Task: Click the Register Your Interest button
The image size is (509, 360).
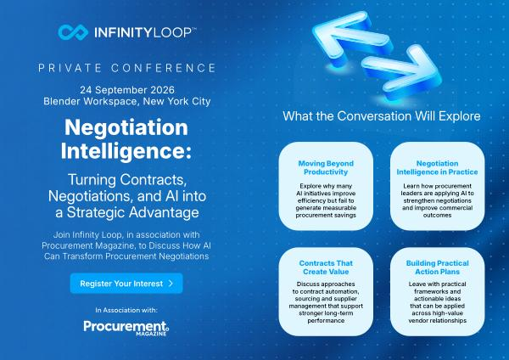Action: tap(126, 284)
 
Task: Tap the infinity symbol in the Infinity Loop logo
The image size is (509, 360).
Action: tap(73, 32)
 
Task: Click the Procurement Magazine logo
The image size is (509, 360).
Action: tap(126, 328)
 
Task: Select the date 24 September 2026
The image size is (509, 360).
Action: tap(127, 90)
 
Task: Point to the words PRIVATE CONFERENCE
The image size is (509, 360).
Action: tap(127, 68)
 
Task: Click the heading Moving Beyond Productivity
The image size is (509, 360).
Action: tap(326, 167)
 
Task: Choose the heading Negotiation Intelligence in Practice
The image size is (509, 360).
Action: tap(437, 167)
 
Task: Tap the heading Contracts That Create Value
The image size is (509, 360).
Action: tap(326, 267)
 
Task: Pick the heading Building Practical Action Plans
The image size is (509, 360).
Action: tap(437, 267)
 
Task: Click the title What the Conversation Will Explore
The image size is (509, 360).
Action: tap(382, 116)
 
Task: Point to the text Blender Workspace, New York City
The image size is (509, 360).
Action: tap(127, 101)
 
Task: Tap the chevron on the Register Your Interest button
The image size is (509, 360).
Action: tap(171, 284)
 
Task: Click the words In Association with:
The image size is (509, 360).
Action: tap(126, 310)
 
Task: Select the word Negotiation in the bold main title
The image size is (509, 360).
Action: tap(126, 127)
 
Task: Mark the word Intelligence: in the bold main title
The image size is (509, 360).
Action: tap(126, 151)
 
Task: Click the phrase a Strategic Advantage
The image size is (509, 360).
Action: tap(127, 212)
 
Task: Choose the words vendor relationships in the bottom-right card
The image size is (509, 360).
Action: tap(437, 321)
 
